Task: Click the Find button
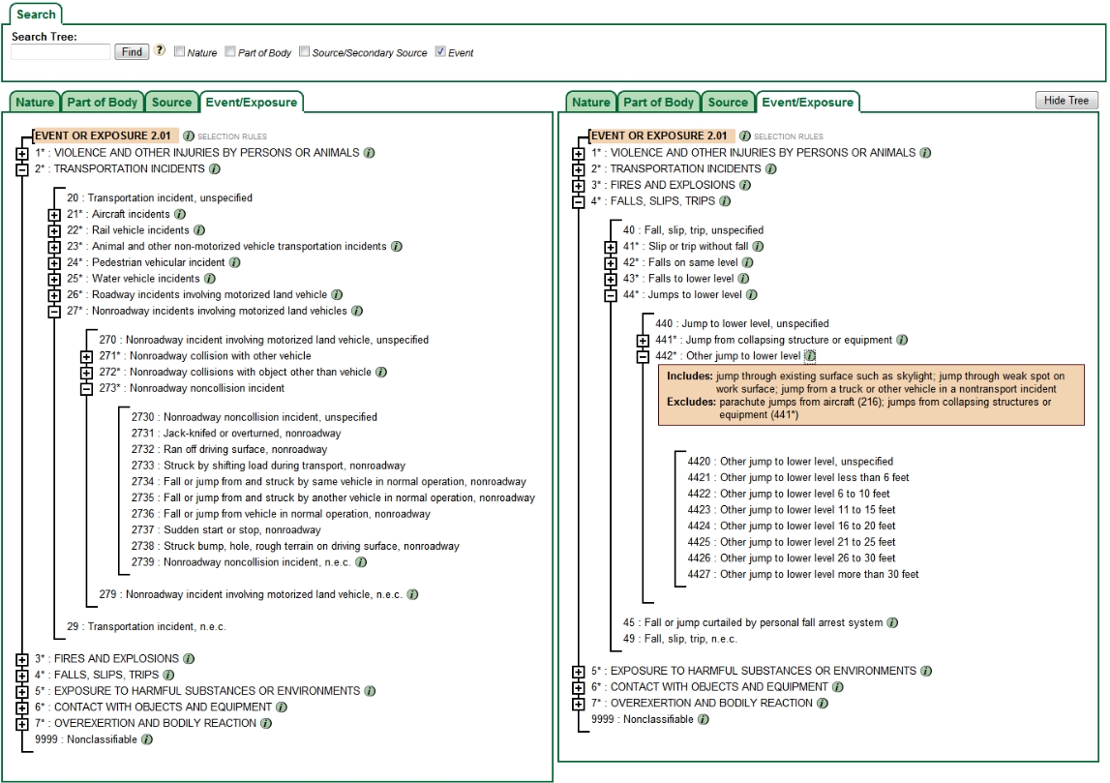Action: (x=131, y=52)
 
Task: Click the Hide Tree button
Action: (x=1066, y=101)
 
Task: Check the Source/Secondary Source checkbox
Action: (x=305, y=52)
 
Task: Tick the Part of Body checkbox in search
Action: (x=230, y=52)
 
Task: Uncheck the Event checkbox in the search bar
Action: (x=441, y=52)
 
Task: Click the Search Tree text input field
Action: (x=60, y=52)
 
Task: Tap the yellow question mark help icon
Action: (x=160, y=51)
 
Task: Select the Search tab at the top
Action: (x=36, y=15)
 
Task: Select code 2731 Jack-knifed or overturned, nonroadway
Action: (x=236, y=434)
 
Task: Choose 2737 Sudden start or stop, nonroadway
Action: (x=225, y=530)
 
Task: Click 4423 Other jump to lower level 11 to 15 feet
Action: (x=792, y=510)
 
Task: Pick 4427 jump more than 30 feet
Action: (x=803, y=575)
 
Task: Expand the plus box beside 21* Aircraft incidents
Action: (x=54, y=215)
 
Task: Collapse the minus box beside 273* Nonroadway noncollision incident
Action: (x=86, y=389)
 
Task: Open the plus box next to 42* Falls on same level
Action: (x=611, y=263)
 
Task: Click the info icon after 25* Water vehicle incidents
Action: (x=210, y=279)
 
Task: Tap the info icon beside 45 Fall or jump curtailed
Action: (x=892, y=623)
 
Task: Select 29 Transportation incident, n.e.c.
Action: (x=146, y=627)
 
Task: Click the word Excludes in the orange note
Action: (x=688, y=401)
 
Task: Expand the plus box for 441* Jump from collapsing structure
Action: (x=643, y=341)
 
